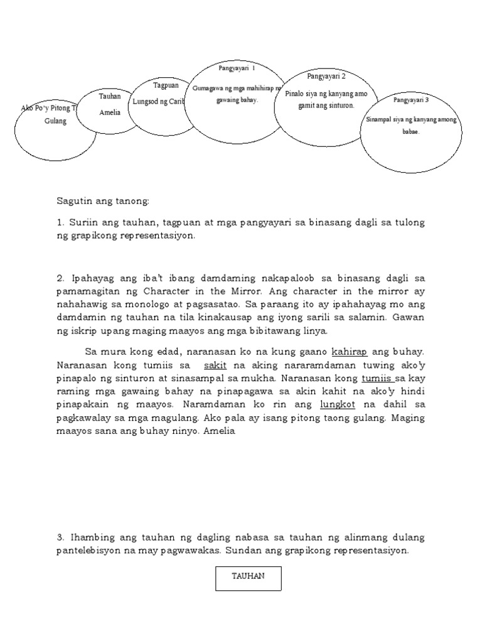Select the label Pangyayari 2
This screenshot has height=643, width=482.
(326, 76)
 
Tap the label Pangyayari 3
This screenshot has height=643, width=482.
(411, 100)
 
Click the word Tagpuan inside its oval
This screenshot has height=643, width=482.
(166, 85)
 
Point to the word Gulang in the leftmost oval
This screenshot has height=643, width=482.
(55, 121)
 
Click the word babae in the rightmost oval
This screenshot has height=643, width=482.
(410, 132)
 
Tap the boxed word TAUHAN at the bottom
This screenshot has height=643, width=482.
(248, 576)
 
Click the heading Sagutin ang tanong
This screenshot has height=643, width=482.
(104, 201)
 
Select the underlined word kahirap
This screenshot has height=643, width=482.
(349, 352)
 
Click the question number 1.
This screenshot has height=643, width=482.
(60, 224)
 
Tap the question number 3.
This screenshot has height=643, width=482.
(60, 538)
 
